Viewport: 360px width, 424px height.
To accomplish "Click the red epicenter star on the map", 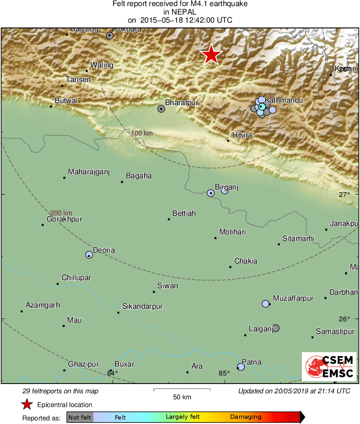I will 211,55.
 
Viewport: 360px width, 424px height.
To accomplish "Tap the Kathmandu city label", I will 284,100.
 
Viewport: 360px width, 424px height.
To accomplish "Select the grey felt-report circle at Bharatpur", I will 161,108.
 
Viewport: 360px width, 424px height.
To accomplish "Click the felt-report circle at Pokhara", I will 110,36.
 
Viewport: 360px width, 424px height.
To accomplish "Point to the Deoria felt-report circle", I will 89,255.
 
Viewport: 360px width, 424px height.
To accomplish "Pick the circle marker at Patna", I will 241,367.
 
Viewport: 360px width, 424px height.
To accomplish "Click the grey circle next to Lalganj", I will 275,328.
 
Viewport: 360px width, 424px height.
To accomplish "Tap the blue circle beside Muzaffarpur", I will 265,304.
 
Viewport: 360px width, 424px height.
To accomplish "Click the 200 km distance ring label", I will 61,213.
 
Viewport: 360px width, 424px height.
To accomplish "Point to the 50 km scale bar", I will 182,390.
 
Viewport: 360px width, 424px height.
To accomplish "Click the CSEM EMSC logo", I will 328,366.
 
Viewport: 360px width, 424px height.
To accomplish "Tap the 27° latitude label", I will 345,194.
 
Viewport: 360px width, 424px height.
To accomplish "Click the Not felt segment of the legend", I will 80,417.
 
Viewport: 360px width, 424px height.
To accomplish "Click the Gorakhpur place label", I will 64,219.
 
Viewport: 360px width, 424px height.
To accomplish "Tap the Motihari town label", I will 233,232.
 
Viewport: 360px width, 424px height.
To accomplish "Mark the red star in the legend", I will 27,405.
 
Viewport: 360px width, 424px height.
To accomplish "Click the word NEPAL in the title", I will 180,12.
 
